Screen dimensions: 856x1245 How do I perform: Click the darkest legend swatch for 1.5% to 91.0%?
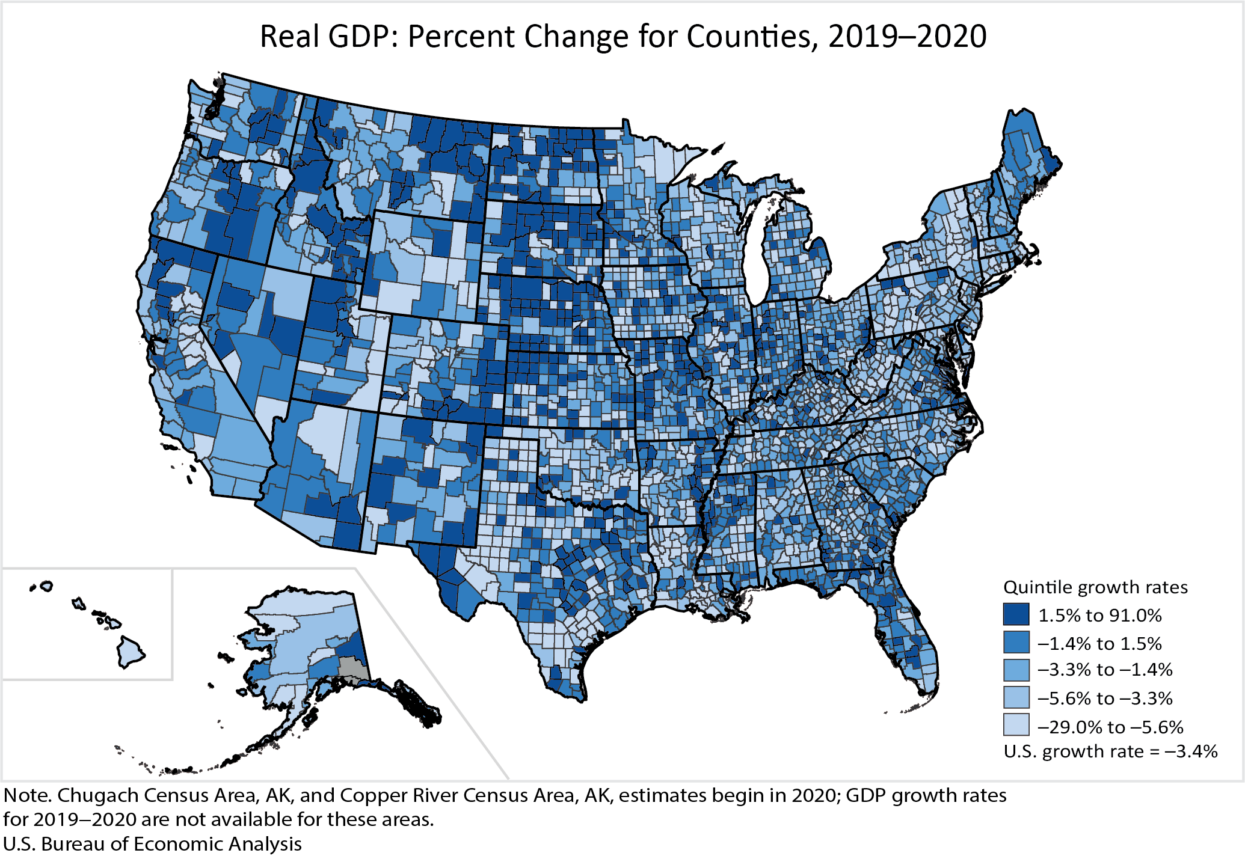coord(1016,615)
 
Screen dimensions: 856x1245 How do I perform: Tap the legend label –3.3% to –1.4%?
coord(1105,670)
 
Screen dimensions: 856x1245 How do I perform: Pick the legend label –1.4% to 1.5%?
coord(1099,643)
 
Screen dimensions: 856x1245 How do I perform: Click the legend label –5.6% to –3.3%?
coord(1105,698)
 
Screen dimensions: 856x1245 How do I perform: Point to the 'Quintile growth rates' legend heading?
coord(1095,587)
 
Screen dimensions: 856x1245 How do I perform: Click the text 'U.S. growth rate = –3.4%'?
coord(1110,751)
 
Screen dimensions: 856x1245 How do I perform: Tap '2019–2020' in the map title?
coord(907,36)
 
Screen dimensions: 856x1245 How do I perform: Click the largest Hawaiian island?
coord(131,652)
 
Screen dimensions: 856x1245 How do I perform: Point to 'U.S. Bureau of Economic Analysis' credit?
coord(152,844)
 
